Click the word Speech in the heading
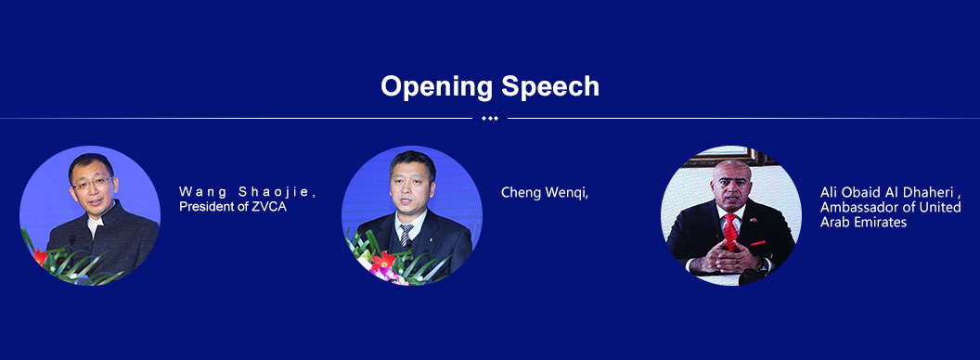click(x=550, y=87)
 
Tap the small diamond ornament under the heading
click(x=490, y=118)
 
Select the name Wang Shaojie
click(x=248, y=192)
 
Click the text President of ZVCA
click(x=233, y=207)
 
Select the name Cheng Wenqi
click(x=545, y=193)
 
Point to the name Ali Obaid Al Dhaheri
click(x=890, y=192)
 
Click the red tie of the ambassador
click(x=730, y=231)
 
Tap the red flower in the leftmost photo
click(x=41, y=256)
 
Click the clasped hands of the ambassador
click(x=729, y=256)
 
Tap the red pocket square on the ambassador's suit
click(x=757, y=243)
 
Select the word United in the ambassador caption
click(x=943, y=207)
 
